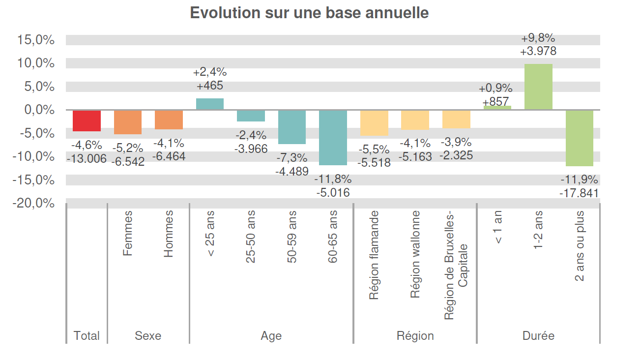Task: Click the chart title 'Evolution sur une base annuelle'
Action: click(309, 13)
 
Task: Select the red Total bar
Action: click(87, 120)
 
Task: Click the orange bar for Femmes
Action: click(128, 122)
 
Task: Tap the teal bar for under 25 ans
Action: click(210, 104)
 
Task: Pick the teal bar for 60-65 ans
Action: click(333, 137)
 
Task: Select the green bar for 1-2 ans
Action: click(538, 87)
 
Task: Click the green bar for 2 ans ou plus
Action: click(579, 138)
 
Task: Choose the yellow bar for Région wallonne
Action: click(415, 120)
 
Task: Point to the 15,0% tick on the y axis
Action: click(36, 40)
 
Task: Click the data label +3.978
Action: click(538, 51)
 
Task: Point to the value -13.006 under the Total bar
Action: click(87, 158)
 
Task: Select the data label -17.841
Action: click(579, 193)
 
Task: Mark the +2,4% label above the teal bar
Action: click(210, 73)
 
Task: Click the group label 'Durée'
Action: click(538, 336)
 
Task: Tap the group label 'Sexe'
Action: click(148, 336)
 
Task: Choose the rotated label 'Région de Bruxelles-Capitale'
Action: click(456, 266)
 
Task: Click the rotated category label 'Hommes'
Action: click(169, 234)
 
